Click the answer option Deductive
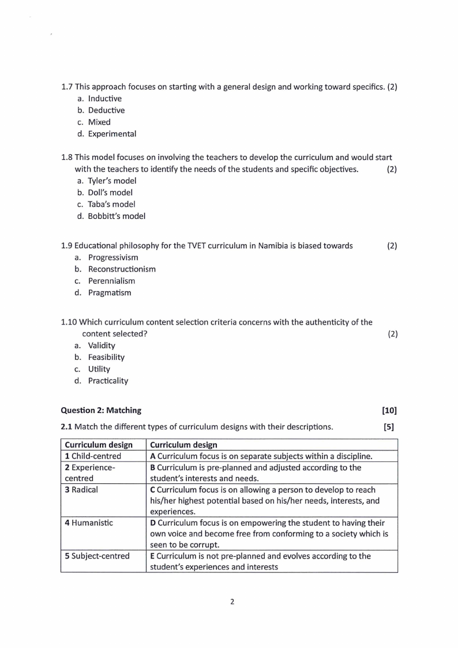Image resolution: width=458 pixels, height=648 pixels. point(106,110)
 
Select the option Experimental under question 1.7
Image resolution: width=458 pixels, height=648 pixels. point(112,134)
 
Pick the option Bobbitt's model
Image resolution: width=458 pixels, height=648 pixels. point(117,216)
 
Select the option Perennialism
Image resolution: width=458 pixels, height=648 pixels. point(111,281)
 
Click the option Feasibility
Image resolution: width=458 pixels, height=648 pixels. point(106,357)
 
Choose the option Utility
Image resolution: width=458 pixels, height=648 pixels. point(99,369)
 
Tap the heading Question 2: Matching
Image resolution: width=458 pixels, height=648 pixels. point(101,411)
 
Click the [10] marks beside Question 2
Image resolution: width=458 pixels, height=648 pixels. point(389,411)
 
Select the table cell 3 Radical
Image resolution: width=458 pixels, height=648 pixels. point(81,490)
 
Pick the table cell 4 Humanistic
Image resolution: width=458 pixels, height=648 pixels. point(89,523)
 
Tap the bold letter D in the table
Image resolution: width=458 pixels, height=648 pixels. point(153,523)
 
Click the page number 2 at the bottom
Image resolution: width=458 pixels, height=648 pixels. point(232,602)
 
